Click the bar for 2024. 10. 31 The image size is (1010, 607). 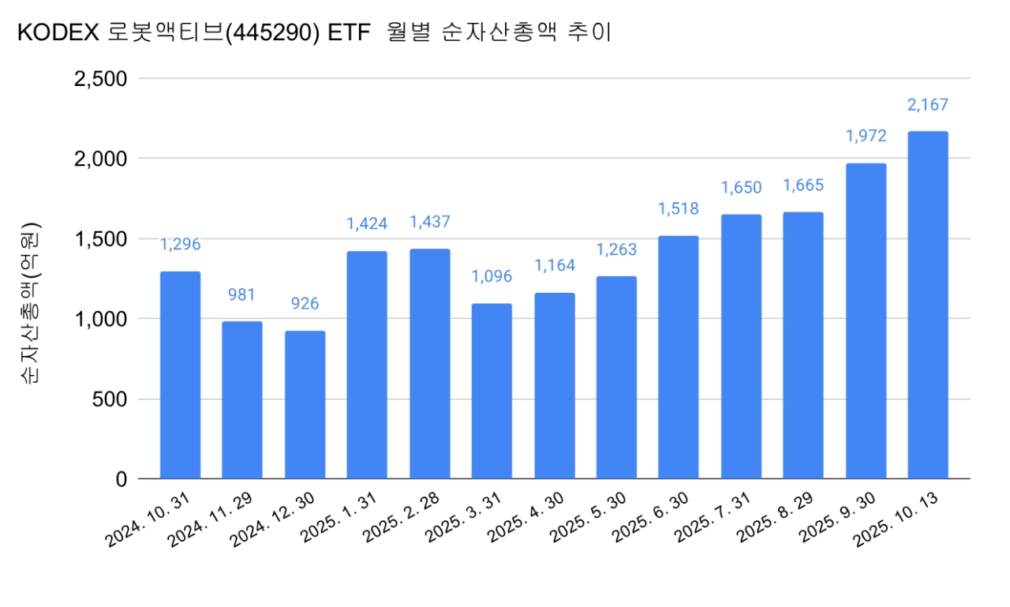tap(180, 375)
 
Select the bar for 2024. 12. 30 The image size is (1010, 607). tap(305, 404)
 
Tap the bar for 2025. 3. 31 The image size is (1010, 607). tap(492, 391)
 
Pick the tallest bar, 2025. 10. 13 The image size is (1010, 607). tap(928, 305)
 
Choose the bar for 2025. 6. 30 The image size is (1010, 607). tap(679, 357)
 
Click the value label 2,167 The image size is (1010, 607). tap(928, 105)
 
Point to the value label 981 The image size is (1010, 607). tap(242, 294)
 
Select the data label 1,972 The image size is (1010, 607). tap(866, 136)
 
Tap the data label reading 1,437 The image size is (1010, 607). tap(429, 223)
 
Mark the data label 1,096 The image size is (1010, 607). tap(492, 277)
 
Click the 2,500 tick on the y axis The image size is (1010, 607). tap(99, 78)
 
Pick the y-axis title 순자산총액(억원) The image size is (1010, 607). tap(31, 305)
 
